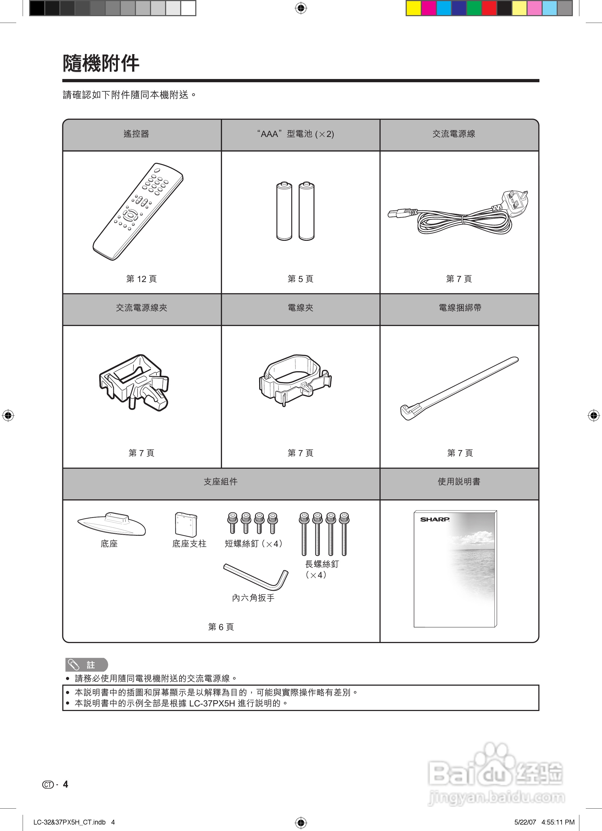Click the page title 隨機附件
pyautogui.click(x=101, y=63)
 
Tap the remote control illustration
pyautogui.click(x=138, y=211)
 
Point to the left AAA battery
pyautogui.click(x=284, y=211)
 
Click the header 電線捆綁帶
pyautogui.click(x=460, y=308)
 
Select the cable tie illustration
pyautogui.click(x=459, y=388)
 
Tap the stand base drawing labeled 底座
pyautogui.click(x=112, y=524)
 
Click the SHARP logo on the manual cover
pyautogui.click(x=435, y=519)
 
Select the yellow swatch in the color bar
pyautogui.click(x=413, y=8)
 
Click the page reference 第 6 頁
pyautogui.click(x=221, y=627)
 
